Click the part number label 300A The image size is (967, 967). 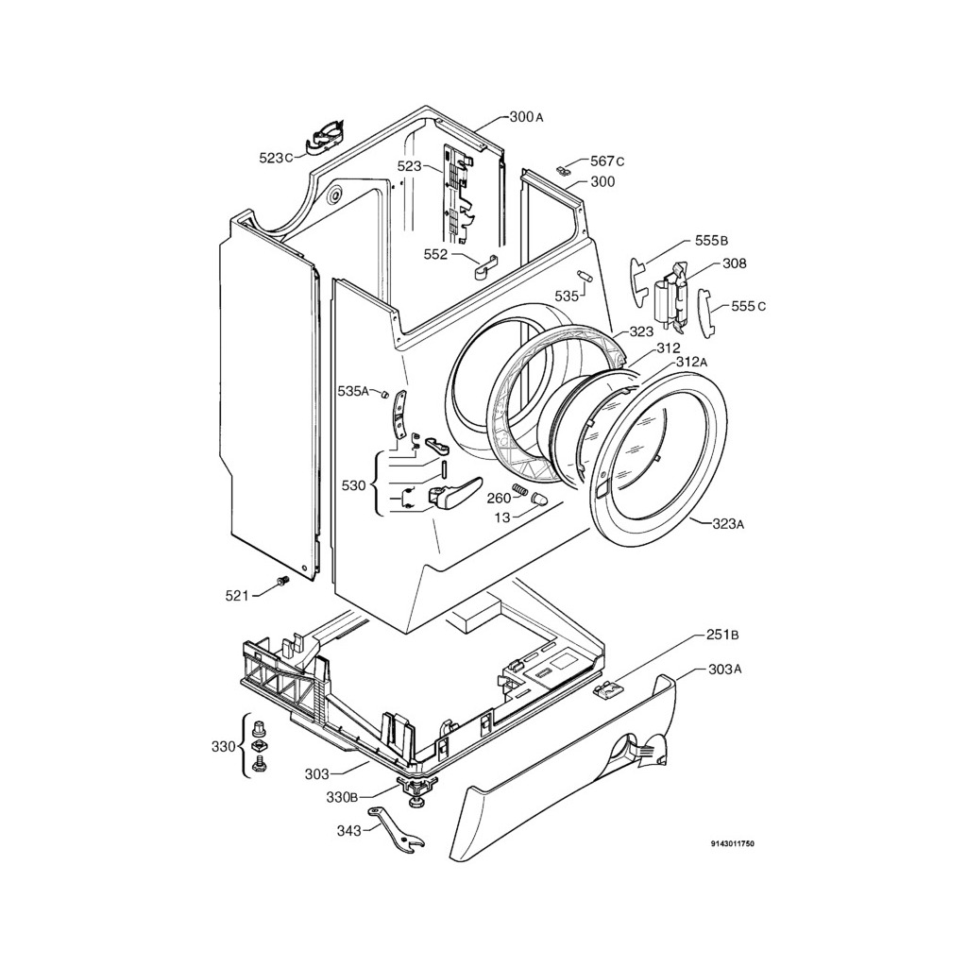(526, 116)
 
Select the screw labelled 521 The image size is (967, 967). (283, 581)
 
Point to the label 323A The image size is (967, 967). (728, 524)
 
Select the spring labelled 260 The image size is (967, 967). (521, 491)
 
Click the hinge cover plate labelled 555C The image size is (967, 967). (704, 313)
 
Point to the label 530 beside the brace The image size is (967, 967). (353, 486)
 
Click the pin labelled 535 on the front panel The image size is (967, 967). (585, 276)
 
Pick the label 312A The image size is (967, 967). (691, 362)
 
